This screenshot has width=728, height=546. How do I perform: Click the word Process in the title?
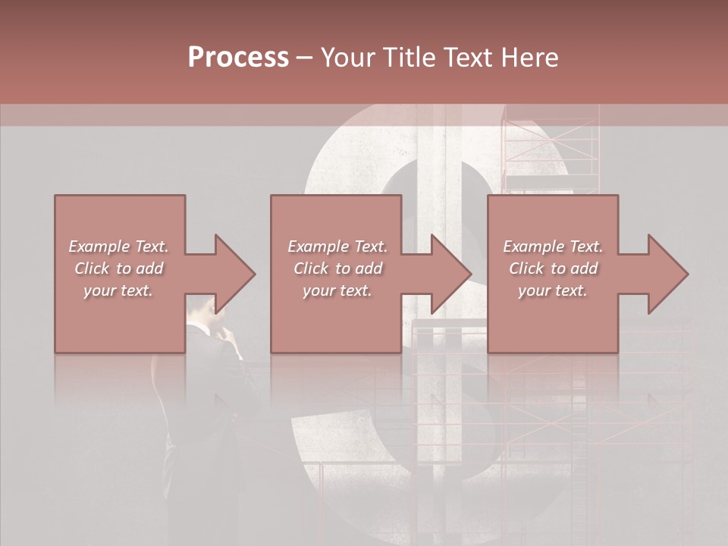pyautogui.click(x=238, y=58)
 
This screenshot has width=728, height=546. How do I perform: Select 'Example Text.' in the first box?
pyautogui.click(x=119, y=246)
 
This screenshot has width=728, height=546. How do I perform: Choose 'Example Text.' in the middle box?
pyautogui.click(x=337, y=246)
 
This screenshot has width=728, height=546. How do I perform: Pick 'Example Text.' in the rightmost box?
pyautogui.click(x=553, y=246)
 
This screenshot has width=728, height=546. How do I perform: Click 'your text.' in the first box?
pyautogui.click(x=118, y=290)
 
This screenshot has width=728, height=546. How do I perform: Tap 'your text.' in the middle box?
pyautogui.click(x=337, y=290)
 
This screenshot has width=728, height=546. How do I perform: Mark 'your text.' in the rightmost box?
pyautogui.click(x=553, y=290)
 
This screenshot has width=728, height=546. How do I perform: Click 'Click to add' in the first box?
pyautogui.click(x=119, y=268)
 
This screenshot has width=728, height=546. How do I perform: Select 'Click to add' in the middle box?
pyautogui.click(x=337, y=268)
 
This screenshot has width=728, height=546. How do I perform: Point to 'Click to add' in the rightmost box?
pyautogui.click(x=553, y=268)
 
